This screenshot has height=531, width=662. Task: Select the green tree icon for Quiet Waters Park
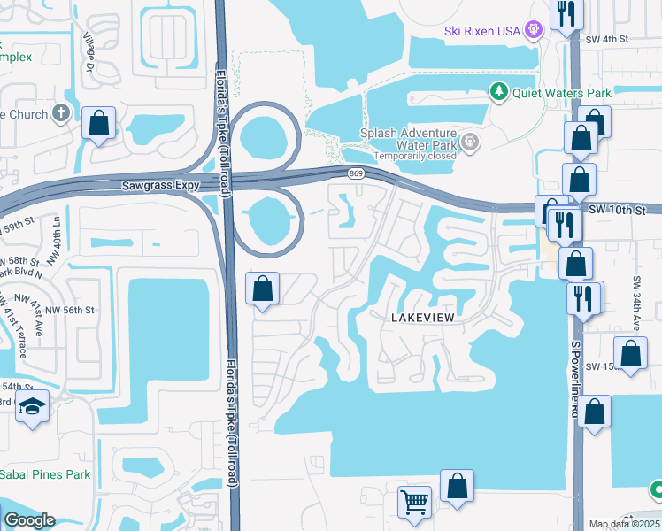point(499,91)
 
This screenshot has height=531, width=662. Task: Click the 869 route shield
point(355,173)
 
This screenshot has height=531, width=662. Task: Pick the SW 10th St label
point(624,211)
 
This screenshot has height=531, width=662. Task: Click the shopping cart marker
point(413,503)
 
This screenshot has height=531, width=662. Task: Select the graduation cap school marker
point(33,406)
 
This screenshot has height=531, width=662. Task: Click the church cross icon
point(60,113)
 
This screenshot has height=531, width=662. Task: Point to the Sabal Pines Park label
point(44,474)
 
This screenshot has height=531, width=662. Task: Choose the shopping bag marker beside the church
point(99,123)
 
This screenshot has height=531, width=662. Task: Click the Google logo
point(30,520)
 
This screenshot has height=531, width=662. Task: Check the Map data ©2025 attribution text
point(624,523)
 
